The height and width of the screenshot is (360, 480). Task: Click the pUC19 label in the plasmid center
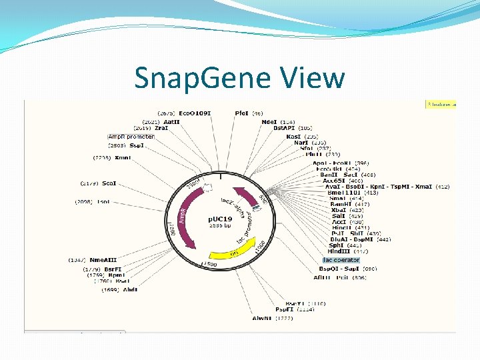click(219, 219)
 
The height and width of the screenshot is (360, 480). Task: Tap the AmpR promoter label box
click(131, 137)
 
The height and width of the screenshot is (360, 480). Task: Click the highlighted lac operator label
click(341, 260)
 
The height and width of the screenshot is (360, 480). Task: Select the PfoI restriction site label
click(242, 113)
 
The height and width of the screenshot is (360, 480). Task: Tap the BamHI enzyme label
click(340, 204)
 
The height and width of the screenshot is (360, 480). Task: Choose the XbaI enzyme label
click(338, 210)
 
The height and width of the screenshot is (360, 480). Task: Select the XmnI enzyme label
click(122, 158)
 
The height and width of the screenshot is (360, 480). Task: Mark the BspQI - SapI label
click(341, 268)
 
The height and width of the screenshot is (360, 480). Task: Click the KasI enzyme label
click(294, 136)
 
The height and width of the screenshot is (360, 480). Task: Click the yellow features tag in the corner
click(441, 104)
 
